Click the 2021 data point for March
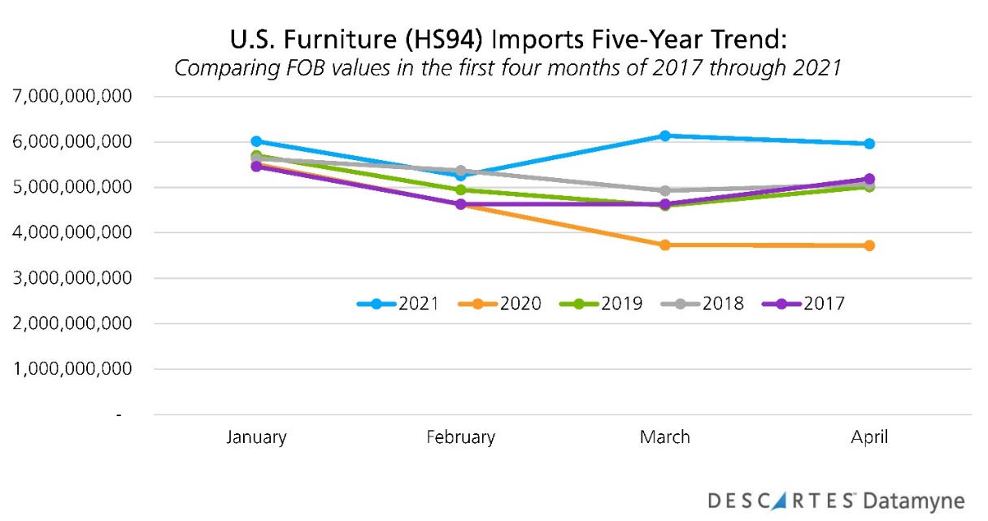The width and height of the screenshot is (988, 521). click(664, 136)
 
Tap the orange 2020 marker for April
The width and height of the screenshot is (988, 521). click(869, 245)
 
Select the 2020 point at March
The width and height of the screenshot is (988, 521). click(664, 245)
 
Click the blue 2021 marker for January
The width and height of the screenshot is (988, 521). click(256, 141)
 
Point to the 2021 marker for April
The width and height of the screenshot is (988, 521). click(869, 144)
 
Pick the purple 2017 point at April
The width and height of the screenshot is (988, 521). click(869, 179)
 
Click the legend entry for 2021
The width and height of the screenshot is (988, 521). click(398, 304)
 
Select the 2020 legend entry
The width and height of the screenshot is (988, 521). click(500, 304)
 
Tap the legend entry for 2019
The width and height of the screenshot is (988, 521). click(602, 304)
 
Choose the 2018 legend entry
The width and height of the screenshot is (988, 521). click(703, 304)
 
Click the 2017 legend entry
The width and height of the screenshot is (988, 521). click(804, 304)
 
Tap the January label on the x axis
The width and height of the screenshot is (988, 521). click(256, 437)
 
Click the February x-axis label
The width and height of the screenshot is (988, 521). click(460, 437)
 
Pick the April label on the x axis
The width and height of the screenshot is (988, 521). click(869, 437)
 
